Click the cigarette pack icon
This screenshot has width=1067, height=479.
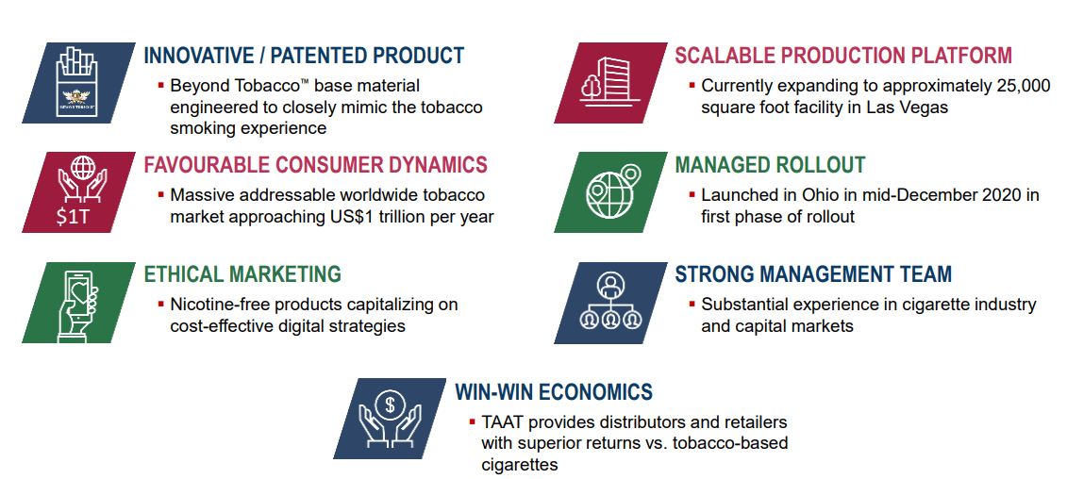click(77, 82)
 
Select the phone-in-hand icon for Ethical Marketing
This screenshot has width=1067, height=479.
click(79, 303)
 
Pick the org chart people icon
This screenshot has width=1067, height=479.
click(609, 301)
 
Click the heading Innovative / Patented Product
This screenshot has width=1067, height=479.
click(304, 55)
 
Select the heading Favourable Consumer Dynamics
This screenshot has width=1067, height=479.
click(316, 165)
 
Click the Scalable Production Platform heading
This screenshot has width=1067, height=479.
click(843, 55)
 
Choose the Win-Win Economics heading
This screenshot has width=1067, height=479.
click(554, 392)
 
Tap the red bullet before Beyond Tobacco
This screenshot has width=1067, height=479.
click(161, 85)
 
